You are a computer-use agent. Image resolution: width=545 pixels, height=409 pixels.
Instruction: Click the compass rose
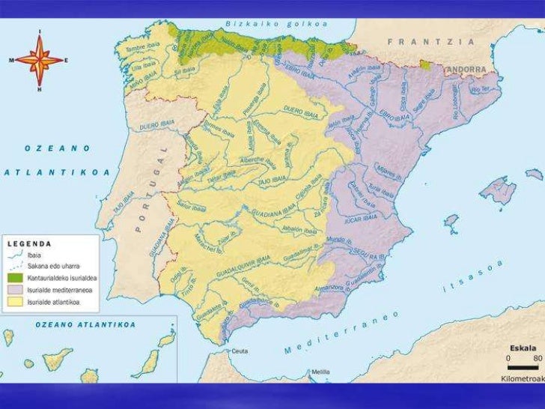pyautogui.click(x=39, y=59)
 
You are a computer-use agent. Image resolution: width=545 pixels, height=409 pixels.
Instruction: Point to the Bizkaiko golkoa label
pyautogui.click(x=275, y=24)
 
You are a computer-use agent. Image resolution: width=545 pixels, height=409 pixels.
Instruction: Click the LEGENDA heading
pyautogui.click(x=30, y=243)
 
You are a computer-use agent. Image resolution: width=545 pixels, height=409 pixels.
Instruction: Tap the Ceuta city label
pyautogui.click(x=240, y=351)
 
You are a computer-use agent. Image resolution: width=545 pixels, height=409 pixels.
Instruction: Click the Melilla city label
pyautogui.click(x=320, y=371)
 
